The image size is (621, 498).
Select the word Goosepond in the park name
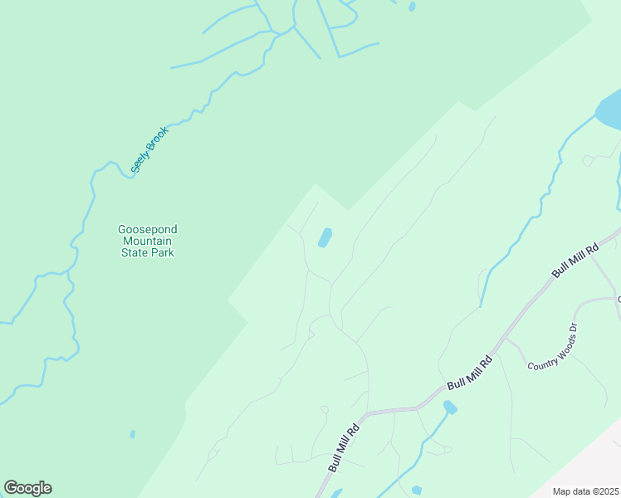[x=147, y=229]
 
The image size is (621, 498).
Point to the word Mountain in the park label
[x=147, y=241]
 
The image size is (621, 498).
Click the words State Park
[x=147, y=252]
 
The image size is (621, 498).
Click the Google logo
[x=27, y=488]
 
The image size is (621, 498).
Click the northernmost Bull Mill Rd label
[x=575, y=261]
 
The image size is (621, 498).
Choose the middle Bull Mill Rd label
[x=470, y=373]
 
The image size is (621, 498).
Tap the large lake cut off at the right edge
[x=609, y=114]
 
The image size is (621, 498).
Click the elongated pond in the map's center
[x=325, y=238]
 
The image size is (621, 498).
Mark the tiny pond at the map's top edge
[x=412, y=7]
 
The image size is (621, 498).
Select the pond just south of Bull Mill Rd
[x=450, y=407]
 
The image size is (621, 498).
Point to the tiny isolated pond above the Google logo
[x=132, y=433]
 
